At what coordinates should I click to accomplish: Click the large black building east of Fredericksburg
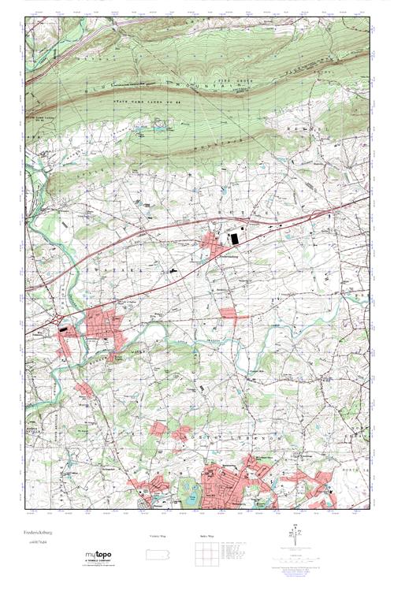[x=236, y=236]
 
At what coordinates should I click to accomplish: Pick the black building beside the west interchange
[x=65, y=332]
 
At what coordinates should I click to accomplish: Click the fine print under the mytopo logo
[x=102, y=566]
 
